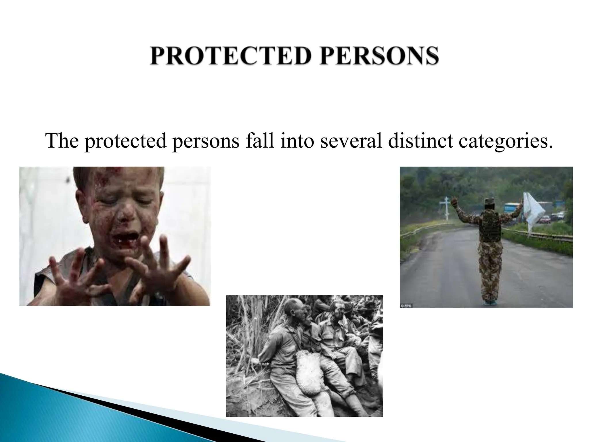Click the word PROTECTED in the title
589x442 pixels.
point(230,56)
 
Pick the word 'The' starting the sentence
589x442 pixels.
point(62,141)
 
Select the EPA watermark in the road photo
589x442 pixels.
point(406,306)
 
